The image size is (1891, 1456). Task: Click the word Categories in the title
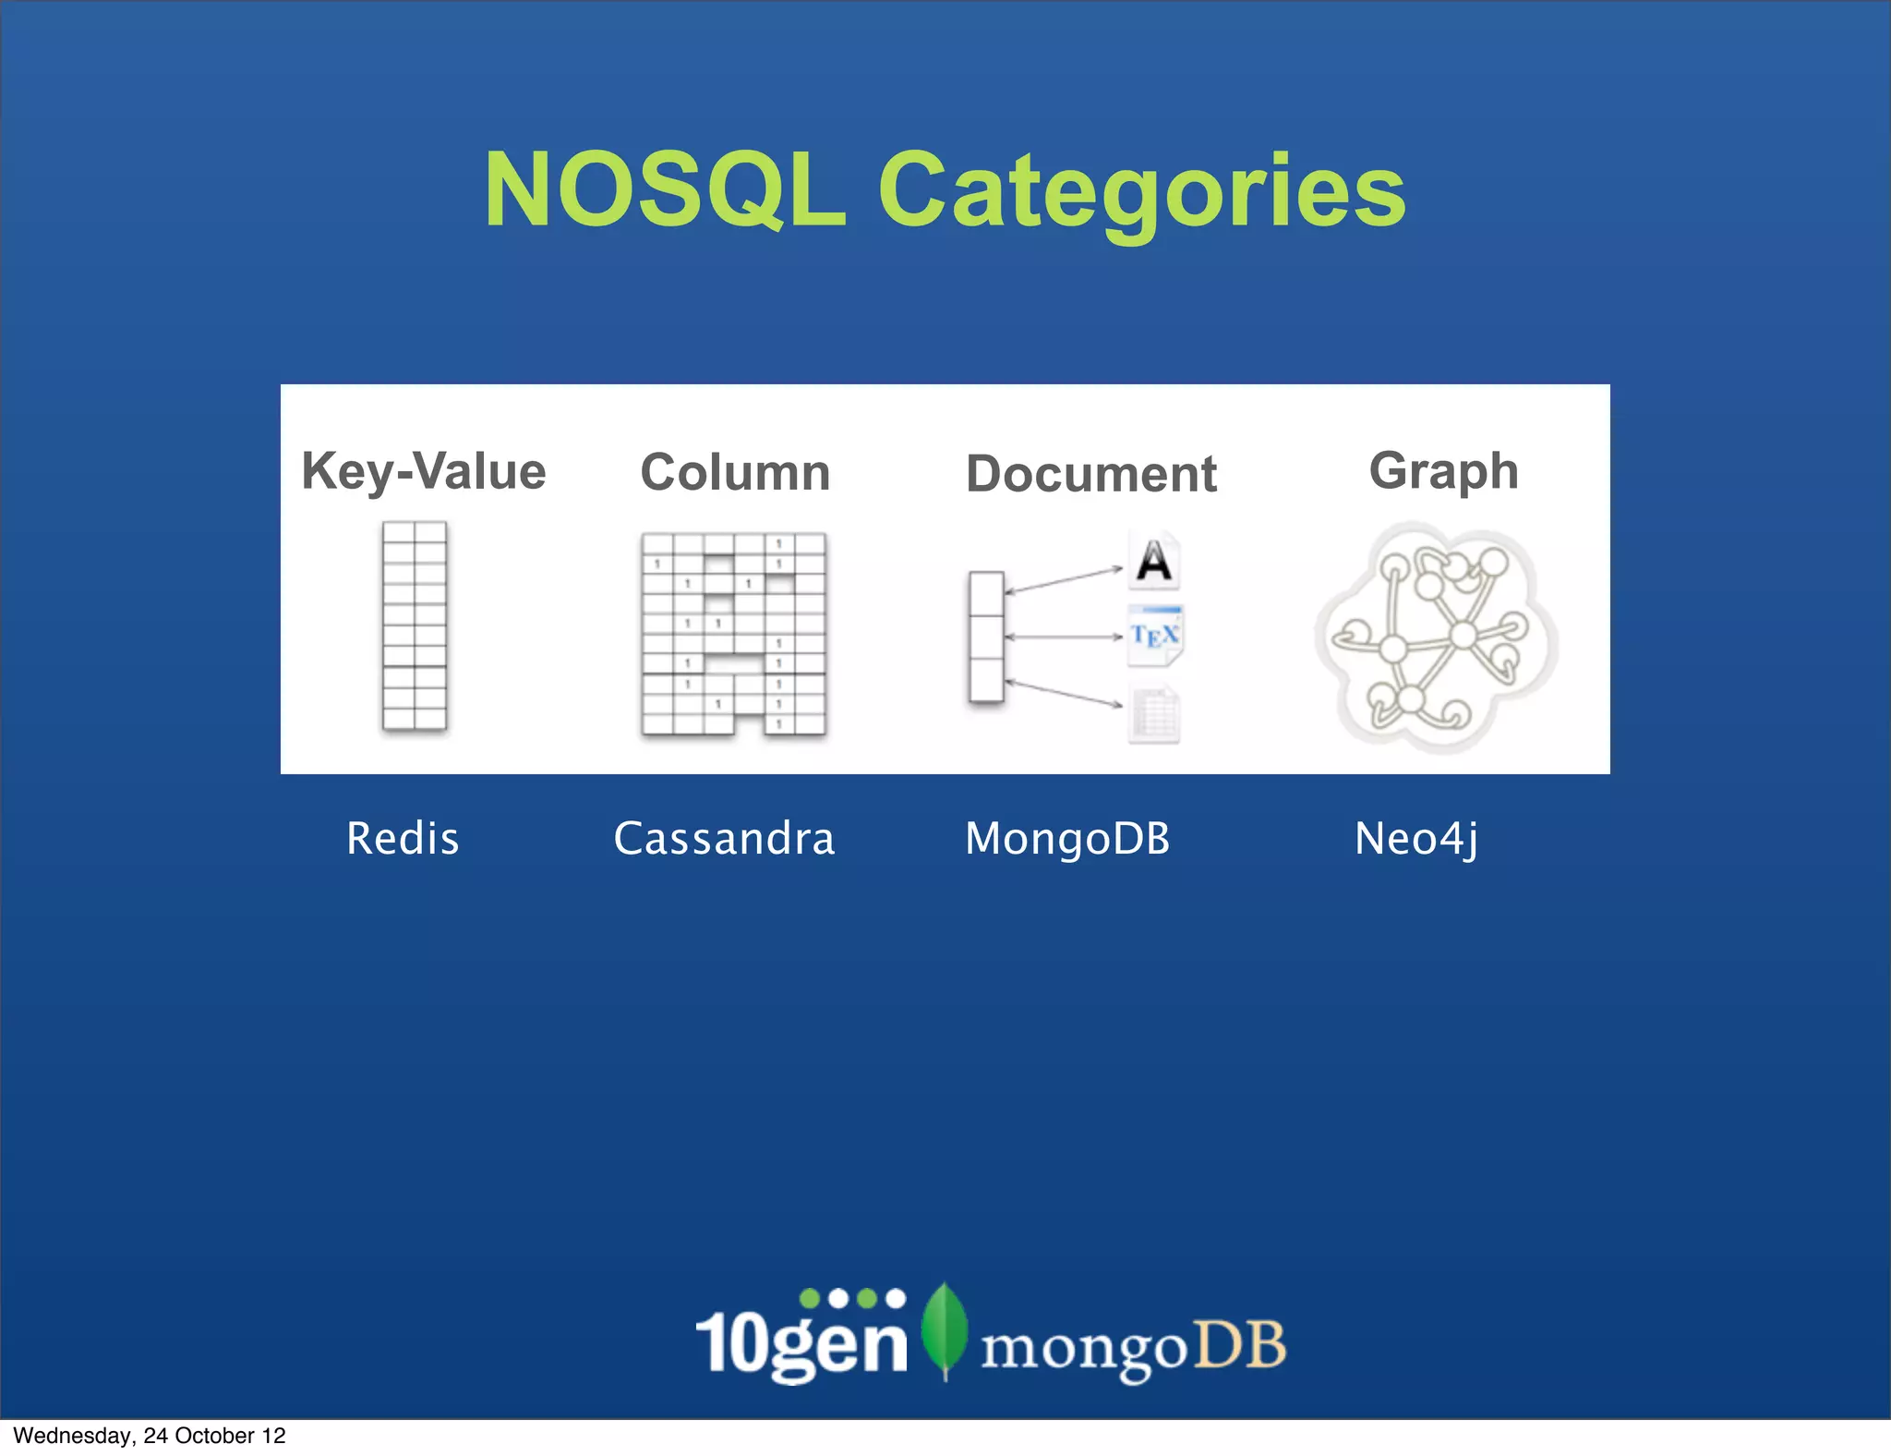tap(1141, 192)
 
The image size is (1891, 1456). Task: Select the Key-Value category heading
tap(424, 471)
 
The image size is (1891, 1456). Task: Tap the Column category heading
tap(735, 472)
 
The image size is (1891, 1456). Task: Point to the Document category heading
tap(1091, 474)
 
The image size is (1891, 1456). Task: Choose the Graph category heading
tap(1443, 471)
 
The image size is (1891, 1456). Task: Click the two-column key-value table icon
tap(415, 626)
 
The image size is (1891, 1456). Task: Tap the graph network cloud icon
tap(1437, 637)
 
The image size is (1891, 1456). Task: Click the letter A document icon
tap(1154, 560)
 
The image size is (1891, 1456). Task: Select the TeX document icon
tap(1155, 635)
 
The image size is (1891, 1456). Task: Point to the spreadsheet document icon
tap(1154, 714)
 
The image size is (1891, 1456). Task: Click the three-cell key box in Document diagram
tap(986, 637)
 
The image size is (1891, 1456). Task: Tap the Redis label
tap(403, 839)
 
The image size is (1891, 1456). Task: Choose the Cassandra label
tap(724, 839)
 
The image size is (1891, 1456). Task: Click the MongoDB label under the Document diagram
tap(1067, 839)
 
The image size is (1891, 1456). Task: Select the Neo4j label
tap(1416, 839)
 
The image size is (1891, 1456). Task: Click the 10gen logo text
tap(801, 1341)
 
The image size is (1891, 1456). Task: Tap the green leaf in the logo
tap(945, 1329)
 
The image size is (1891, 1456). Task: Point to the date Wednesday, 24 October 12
tap(150, 1436)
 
